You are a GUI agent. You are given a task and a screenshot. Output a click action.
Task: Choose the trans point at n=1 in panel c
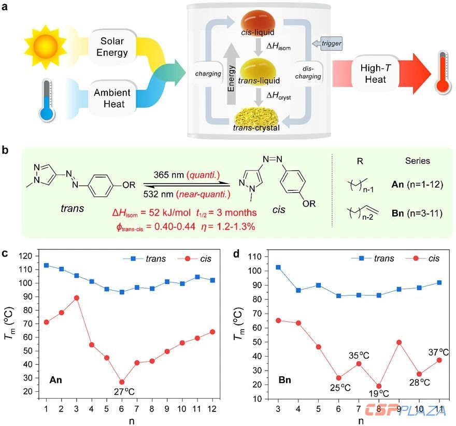pyautogui.click(x=46, y=265)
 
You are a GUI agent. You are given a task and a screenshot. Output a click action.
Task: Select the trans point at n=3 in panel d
pyautogui.click(x=293, y=267)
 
